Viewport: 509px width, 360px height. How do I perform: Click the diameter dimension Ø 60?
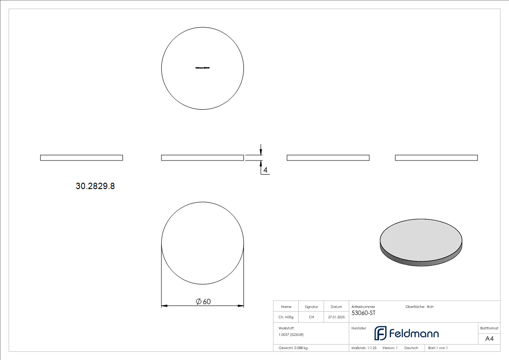[x=203, y=302]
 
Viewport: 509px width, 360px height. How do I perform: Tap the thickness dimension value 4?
[x=266, y=170]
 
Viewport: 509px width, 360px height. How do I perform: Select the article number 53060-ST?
[x=364, y=313]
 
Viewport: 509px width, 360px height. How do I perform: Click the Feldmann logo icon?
[x=380, y=333]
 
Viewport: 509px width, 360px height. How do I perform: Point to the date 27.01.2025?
[x=336, y=317]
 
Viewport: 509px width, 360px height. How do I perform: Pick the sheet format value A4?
[x=490, y=339]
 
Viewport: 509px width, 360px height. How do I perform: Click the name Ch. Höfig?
[x=286, y=317]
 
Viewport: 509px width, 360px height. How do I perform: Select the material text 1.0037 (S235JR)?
[x=291, y=334]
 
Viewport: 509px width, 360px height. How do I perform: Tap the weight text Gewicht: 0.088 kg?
[x=293, y=348]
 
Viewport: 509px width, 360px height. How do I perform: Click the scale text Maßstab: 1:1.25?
[x=364, y=348]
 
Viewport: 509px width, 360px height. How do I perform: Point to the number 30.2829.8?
[x=95, y=186]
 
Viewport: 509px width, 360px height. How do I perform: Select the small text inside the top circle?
[x=203, y=68]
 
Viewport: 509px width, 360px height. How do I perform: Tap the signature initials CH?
[x=311, y=317]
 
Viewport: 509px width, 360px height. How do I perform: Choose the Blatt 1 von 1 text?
[x=438, y=348]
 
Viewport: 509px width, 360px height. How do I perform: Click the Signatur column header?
[x=311, y=306]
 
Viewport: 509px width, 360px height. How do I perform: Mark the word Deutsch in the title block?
[x=411, y=348]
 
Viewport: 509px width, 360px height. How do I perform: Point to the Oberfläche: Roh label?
[x=419, y=307]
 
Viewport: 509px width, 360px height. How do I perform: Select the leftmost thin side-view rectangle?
[x=82, y=158]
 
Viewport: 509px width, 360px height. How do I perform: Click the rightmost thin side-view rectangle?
[x=436, y=158]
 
